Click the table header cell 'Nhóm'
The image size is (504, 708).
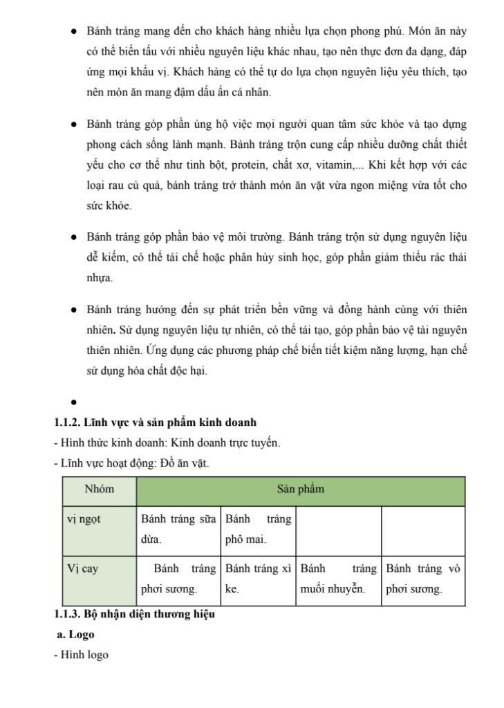click(99, 490)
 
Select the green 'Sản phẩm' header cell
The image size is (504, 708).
click(300, 490)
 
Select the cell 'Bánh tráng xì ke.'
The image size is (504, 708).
click(258, 579)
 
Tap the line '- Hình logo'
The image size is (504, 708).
click(81, 654)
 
